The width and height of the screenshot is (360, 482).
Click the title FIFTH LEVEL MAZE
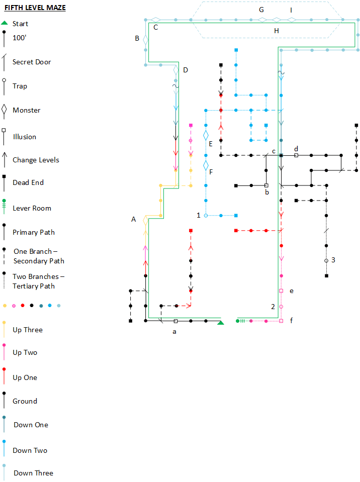[x=35, y=8]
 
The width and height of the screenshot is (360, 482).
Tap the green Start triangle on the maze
[x=220, y=323]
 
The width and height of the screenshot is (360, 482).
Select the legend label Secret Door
[x=32, y=62]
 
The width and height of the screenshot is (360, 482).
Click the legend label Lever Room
[x=32, y=208]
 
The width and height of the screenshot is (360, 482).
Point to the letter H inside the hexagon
[x=277, y=31]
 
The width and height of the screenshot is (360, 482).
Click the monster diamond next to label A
[x=146, y=220]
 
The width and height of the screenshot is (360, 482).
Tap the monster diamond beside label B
[x=146, y=40]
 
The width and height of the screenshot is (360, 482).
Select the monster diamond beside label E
[x=206, y=135]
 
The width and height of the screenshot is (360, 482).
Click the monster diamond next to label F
[x=206, y=165]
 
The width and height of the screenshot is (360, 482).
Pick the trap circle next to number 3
[x=326, y=261]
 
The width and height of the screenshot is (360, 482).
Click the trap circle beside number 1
[x=206, y=216]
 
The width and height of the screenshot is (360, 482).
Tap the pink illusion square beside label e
[x=281, y=291]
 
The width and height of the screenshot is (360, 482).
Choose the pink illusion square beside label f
[x=281, y=321]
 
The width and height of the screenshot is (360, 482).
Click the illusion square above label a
[x=175, y=321]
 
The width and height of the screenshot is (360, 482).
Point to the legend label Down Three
[x=33, y=473]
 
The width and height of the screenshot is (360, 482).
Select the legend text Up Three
[x=28, y=330]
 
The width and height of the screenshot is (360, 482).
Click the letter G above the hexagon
[x=261, y=10]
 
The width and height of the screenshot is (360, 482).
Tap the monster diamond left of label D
[x=175, y=70]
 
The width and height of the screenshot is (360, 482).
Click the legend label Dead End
[x=28, y=182]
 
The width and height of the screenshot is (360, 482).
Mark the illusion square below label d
[x=296, y=155]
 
